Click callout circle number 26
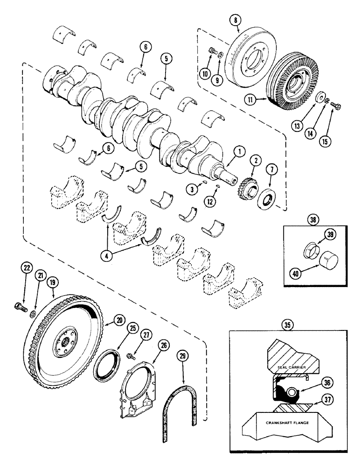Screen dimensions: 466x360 [x=165, y=346]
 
